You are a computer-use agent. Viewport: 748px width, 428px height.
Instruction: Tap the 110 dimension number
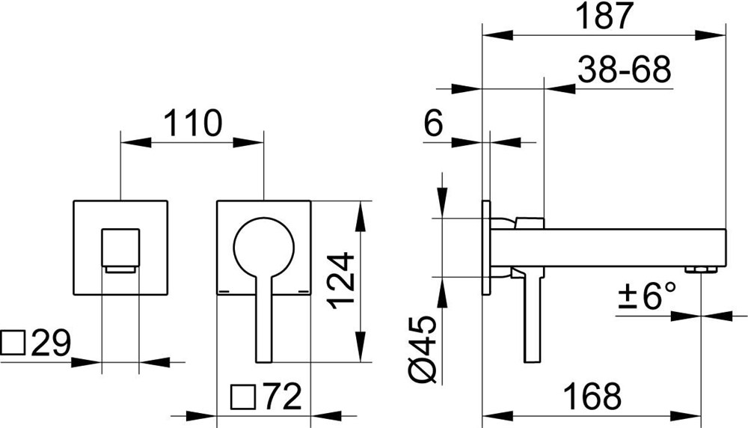(193, 123)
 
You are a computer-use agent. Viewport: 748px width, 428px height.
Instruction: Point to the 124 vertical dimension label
(343, 281)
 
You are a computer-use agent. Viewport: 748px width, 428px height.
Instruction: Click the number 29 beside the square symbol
(51, 343)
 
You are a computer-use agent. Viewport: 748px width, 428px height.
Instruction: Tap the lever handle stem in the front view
(263, 322)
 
